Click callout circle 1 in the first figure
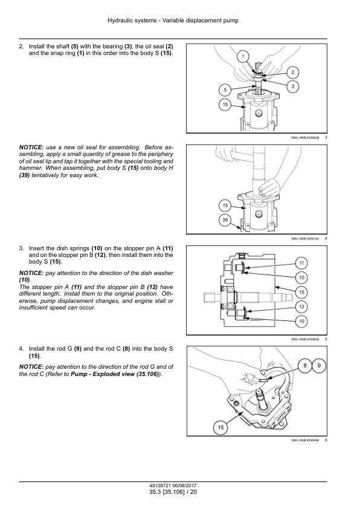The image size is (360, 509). point(243,56)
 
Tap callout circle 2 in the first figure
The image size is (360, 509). point(292,73)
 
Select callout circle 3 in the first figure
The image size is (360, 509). point(292,86)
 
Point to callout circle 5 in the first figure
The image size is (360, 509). point(225,90)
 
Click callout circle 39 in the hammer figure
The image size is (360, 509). point(225,220)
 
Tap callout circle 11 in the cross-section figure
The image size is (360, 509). point(301,263)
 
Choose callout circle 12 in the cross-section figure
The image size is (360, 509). point(301,306)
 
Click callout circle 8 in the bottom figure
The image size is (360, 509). point(305,366)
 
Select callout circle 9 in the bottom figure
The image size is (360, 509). point(319,366)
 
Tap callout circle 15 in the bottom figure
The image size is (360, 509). point(221,427)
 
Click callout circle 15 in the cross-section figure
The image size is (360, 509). point(301,292)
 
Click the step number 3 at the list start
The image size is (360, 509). point(21,248)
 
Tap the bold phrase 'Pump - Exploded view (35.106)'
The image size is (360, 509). point(115,374)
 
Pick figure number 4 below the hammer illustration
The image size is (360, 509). point(326,239)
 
